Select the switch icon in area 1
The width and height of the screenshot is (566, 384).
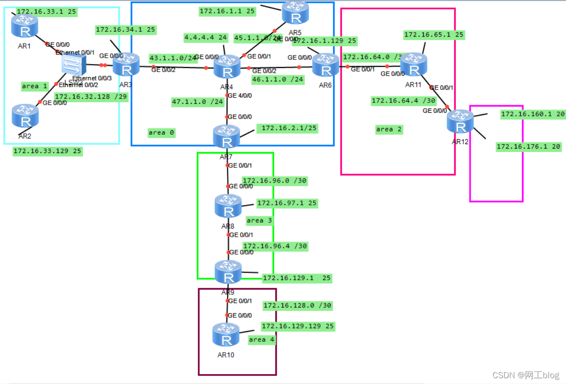click(x=73, y=66)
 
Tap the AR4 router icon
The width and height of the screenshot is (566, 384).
click(x=227, y=67)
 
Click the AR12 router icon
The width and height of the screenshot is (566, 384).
click(x=460, y=121)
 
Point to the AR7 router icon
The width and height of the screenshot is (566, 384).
click(x=227, y=136)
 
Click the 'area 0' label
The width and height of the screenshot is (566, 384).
click(x=161, y=132)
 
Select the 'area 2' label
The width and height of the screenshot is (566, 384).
click(x=389, y=129)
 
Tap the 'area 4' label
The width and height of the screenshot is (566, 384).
click(x=261, y=340)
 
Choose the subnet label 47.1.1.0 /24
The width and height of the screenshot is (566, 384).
click(x=198, y=102)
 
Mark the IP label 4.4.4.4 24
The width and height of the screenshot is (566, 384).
click(x=205, y=38)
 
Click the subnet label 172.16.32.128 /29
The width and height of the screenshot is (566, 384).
click(x=91, y=96)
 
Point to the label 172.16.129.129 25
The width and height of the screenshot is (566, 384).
click(x=298, y=326)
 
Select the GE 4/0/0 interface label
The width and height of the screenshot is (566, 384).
click(x=240, y=95)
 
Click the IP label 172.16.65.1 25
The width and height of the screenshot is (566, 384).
click(x=434, y=34)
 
